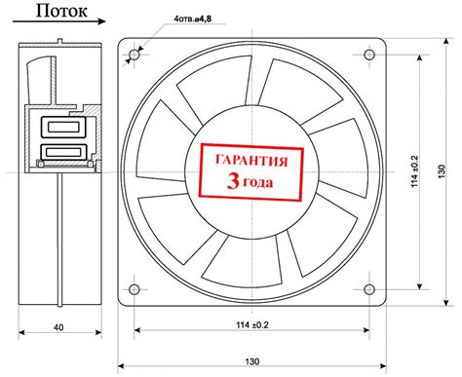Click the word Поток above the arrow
pos(61,11)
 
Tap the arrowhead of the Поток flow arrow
pos(101,21)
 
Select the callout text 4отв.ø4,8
pos(193,19)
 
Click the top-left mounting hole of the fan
pos(135,55)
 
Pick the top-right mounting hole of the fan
pos(369,55)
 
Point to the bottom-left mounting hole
pos(135,288)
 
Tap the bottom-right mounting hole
pos(369,289)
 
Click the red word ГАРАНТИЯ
pos(251,161)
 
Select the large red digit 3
pos(233,181)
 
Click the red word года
pos(258,183)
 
